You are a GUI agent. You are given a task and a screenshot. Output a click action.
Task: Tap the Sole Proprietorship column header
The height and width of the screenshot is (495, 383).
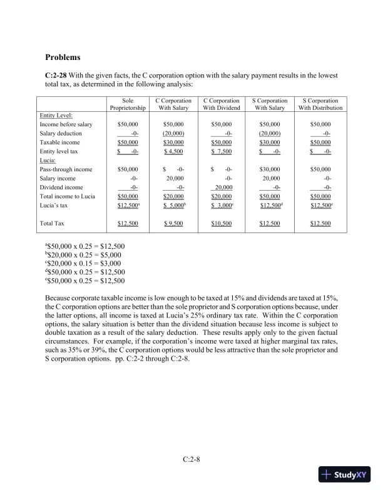pos(128,104)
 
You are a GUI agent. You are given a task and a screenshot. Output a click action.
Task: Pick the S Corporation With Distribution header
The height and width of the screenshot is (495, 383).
pos(320,104)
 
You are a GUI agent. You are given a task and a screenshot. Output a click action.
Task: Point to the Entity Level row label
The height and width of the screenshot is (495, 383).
pos(56,116)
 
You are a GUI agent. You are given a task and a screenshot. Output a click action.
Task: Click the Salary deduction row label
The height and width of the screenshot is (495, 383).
pos(61,134)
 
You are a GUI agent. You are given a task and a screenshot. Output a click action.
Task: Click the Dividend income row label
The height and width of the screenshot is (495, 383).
pos(61,187)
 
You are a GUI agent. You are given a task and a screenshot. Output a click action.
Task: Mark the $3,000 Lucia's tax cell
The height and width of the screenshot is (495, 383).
pos(223,205)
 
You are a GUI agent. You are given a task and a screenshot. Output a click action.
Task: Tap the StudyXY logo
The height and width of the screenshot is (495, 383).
pos(345,474)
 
